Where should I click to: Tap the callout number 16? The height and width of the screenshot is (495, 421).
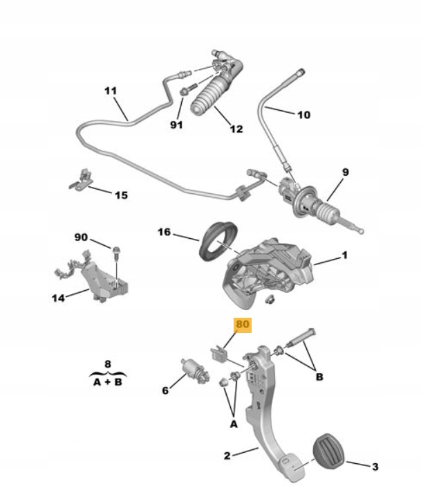(x=163, y=233)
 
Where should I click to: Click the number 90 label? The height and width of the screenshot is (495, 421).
(x=82, y=238)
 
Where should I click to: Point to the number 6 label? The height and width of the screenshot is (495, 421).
(x=165, y=390)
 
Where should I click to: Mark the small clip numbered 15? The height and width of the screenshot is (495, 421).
(x=82, y=179)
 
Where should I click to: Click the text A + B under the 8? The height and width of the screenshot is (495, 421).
(x=107, y=380)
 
